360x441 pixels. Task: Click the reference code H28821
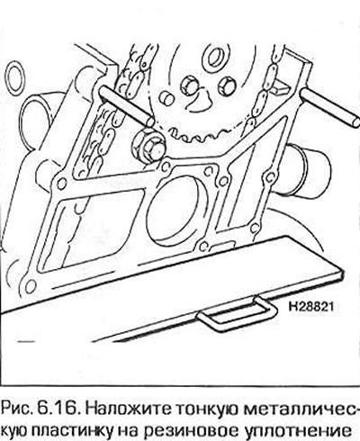[310, 306]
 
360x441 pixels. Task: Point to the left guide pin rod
[127, 105]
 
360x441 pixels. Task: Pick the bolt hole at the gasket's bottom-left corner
[30, 286]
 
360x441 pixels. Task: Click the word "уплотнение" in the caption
[291, 430]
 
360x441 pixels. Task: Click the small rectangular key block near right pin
[282, 87]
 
